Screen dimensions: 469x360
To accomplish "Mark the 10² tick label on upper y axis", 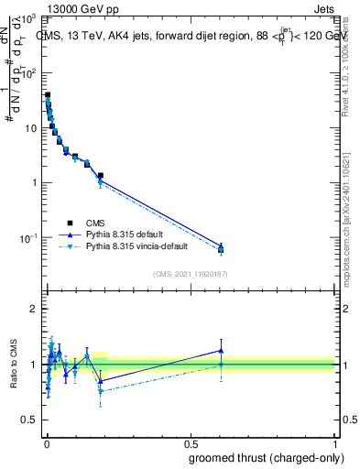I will click(29, 73).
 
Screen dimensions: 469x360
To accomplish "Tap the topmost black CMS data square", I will click(48, 94).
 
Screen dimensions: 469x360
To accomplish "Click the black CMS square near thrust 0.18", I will click(100, 175).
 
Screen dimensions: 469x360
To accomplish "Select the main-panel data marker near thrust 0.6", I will click(221, 248).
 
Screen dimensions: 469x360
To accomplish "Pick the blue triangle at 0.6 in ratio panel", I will click(221, 350).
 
